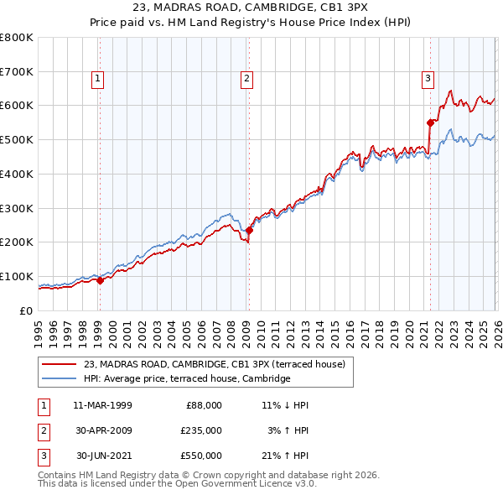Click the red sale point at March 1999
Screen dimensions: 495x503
point(100,280)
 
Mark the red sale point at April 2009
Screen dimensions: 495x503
point(249,230)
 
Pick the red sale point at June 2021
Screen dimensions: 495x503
point(431,122)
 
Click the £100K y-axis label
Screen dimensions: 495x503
point(18,276)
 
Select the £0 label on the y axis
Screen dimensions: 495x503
point(27,310)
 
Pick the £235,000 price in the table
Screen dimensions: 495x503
point(202,430)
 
